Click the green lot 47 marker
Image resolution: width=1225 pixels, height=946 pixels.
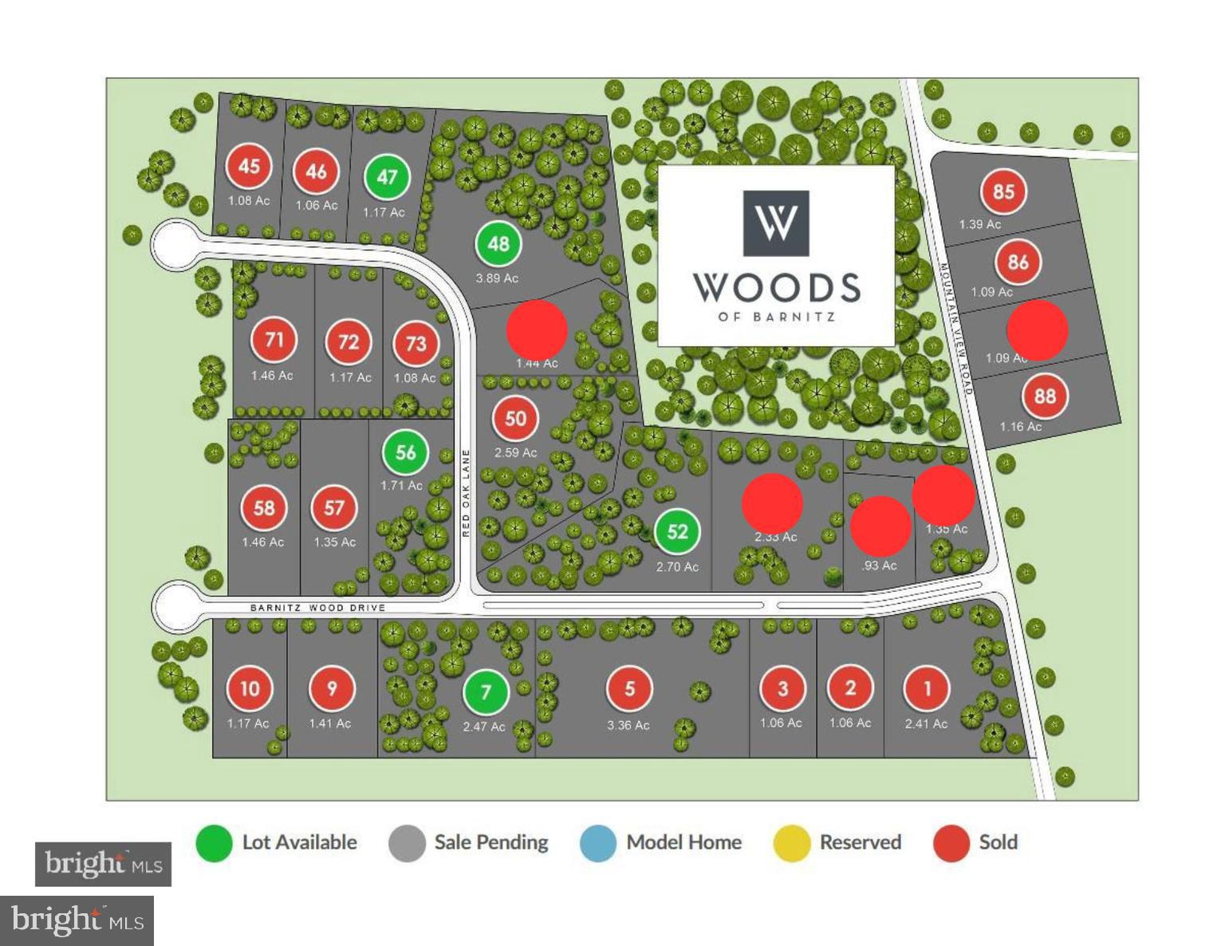tap(387, 177)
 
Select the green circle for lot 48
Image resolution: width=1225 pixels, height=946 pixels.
tap(498, 244)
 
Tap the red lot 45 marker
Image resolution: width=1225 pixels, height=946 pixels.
tap(249, 167)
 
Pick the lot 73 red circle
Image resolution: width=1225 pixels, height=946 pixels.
tap(416, 344)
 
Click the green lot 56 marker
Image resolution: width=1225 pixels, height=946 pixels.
tap(405, 453)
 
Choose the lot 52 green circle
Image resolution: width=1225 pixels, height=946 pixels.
tap(677, 532)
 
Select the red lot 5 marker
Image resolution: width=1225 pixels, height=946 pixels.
tap(629, 689)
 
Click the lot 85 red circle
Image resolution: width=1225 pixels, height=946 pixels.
tap(1003, 192)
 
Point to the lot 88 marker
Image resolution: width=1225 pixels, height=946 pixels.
tap(1045, 396)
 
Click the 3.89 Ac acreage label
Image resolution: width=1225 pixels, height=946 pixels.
tap(497, 278)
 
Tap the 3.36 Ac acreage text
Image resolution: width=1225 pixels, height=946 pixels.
tap(628, 725)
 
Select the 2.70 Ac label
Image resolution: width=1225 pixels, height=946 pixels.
tap(677, 567)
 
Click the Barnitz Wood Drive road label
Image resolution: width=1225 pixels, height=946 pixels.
tap(317, 608)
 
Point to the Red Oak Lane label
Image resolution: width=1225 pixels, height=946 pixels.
tap(467, 493)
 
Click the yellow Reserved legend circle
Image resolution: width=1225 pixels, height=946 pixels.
tap(792, 843)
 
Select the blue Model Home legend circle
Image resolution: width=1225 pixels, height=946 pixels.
tap(598, 843)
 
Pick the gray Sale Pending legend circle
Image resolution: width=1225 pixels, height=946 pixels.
tap(407, 843)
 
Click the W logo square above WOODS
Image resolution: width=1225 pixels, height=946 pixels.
tap(776, 223)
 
